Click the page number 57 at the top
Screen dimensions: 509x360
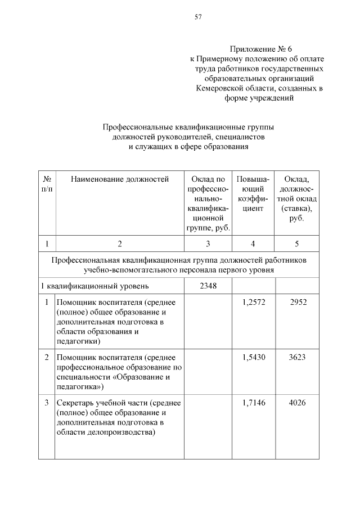coord(198,17)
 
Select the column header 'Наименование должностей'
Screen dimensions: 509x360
coord(120,179)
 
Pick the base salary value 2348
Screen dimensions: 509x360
coord(208,286)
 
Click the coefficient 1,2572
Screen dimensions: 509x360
coord(253,302)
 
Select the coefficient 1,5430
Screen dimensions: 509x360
coord(253,357)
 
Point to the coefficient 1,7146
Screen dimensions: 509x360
coord(253,402)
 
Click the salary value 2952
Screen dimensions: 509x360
coord(296,302)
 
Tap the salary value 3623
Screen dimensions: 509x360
coord(296,357)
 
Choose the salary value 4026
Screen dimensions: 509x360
coord(296,402)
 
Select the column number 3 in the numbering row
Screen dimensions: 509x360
coord(208,244)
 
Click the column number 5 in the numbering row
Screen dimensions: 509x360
coord(296,244)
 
